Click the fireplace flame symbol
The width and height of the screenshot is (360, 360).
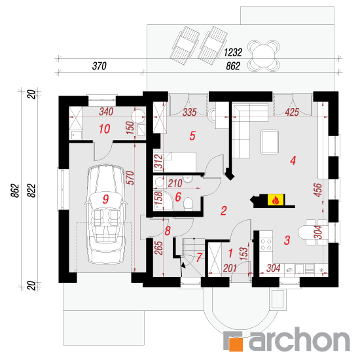click(x=276, y=200)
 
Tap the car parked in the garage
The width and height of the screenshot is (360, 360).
click(x=105, y=214)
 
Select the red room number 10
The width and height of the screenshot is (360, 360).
click(x=105, y=129)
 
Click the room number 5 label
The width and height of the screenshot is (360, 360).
click(x=192, y=135)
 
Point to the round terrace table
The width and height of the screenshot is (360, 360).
click(x=264, y=56)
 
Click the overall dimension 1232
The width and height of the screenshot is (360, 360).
click(x=233, y=52)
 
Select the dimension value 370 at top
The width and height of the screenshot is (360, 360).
click(x=99, y=66)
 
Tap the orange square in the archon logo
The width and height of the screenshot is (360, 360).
click(x=236, y=344)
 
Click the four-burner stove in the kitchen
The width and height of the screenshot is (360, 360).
click(x=266, y=245)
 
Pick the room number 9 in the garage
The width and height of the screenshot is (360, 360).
click(x=105, y=199)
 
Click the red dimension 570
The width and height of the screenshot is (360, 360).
click(x=130, y=177)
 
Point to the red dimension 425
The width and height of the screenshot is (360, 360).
click(x=292, y=113)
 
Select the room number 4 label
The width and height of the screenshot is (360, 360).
click(x=293, y=160)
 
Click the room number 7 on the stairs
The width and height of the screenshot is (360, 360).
click(x=199, y=257)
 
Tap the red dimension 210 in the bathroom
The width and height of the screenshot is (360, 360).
click(x=175, y=183)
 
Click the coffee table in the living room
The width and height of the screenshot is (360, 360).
click(x=270, y=142)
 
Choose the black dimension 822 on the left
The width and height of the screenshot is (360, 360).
click(x=32, y=190)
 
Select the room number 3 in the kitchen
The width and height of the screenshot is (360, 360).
click(x=287, y=240)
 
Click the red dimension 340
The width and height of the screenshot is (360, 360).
click(x=106, y=112)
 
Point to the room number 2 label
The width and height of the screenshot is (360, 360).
click(x=224, y=211)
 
